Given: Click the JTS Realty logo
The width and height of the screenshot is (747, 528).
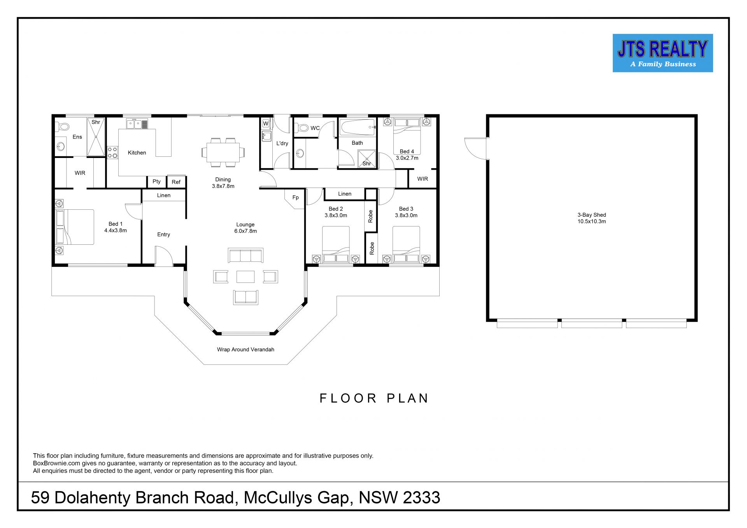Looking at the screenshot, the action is click(663, 53).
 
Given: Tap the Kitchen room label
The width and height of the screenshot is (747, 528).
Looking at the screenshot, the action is click(137, 153).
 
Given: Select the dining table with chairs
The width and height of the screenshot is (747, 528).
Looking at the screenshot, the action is click(223, 152).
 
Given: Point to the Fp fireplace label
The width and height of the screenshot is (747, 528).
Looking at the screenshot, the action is click(296, 198).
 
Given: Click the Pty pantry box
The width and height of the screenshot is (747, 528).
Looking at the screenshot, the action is click(157, 182).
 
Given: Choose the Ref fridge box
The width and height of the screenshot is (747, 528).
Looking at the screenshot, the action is click(176, 182).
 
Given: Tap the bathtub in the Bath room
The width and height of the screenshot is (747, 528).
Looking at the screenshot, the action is click(358, 127).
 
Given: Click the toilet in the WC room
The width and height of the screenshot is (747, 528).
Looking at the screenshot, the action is click(302, 128).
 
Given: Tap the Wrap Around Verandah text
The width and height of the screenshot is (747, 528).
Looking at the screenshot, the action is click(245, 349).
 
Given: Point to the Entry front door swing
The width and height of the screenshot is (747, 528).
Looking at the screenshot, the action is click(164, 256).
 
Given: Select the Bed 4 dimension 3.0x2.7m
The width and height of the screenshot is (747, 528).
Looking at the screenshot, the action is click(407, 158).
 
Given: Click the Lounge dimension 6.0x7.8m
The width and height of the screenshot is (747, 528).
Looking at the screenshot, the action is click(245, 231).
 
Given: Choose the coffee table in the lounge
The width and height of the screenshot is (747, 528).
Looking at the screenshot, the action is click(245, 277).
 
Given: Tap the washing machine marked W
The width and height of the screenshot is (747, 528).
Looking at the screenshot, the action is click(266, 123).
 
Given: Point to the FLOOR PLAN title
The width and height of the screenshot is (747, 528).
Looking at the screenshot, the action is click(374, 398).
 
